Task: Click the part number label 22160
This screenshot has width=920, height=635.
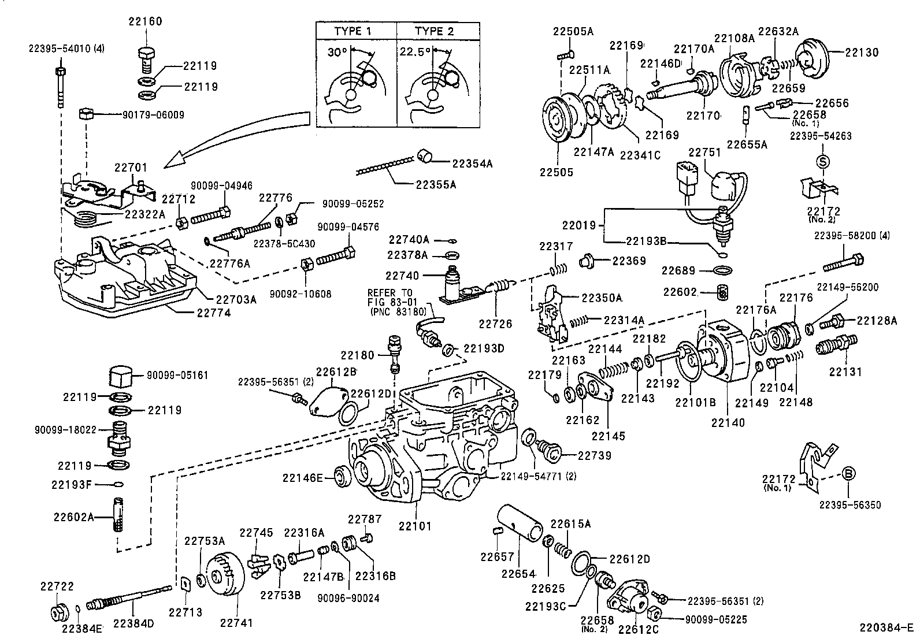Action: click(x=145, y=22)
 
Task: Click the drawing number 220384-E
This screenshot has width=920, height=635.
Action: click(x=885, y=627)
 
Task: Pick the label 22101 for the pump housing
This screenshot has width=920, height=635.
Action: click(x=414, y=526)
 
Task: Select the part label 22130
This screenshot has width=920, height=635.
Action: click(x=862, y=52)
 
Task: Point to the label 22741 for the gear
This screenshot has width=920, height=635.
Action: click(x=236, y=623)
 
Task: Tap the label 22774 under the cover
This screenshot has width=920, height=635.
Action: click(x=213, y=313)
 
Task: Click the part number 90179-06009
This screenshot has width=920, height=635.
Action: click(x=153, y=114)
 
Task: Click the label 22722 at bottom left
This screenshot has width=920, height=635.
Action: click(x=57, y=586)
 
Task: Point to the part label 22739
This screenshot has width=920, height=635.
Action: click(x=595, y=455)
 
